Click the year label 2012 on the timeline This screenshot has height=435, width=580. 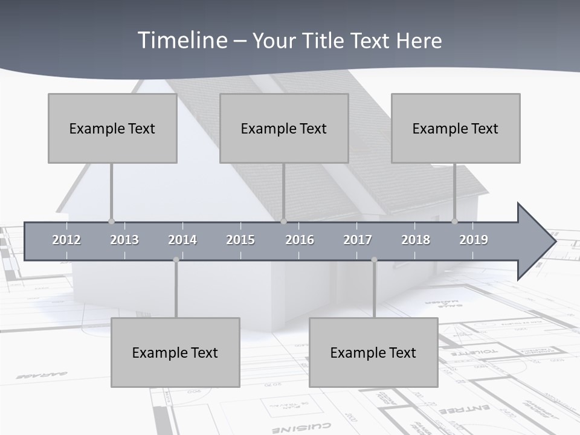[66, 240]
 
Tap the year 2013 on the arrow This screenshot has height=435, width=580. [124, 240]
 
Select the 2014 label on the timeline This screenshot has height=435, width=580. [182, 240]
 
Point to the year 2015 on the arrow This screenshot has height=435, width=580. [240, 240]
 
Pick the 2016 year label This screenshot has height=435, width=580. [300, 240]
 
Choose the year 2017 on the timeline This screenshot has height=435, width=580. [358, 240]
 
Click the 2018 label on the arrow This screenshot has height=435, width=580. [416, 240]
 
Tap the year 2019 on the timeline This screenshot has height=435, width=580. [474, 240]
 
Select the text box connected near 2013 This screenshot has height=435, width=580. [112, 128]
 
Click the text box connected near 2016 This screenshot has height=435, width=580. [284, 128]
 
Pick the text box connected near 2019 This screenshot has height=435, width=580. [456, 128]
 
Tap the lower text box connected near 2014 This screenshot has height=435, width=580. [175, 352]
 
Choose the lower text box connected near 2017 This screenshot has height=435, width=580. [373, 352]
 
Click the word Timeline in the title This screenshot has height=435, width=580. [182, 40]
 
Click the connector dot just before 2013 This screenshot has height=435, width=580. [111, 221]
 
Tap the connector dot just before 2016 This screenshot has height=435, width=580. [284, 221]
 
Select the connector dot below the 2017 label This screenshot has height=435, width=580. [374, 260]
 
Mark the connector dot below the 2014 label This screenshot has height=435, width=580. [176, 260]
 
